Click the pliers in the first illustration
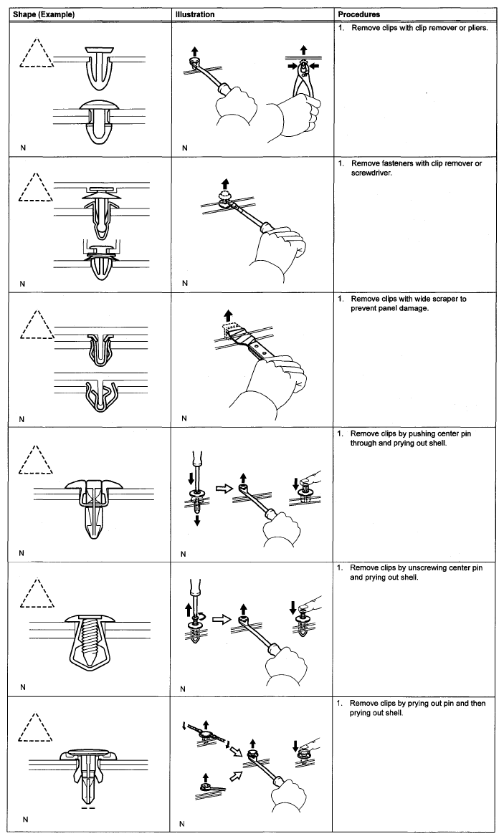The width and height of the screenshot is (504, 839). (x=305, y=86)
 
